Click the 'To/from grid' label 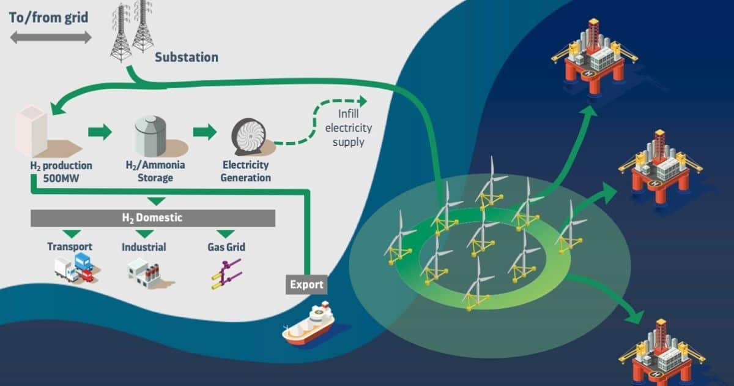click(48, 17)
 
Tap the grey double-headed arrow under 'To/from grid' click(51, 37)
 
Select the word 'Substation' click(187, 57)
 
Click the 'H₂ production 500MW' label click(61, 172)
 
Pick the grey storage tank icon click(150, 136)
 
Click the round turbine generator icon click(249, 136)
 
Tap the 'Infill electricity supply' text click(348, 127)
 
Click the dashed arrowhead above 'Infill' click(363, 101)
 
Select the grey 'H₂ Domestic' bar click(153, 218)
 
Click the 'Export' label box click(306, 284)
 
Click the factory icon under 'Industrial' click(144, 273)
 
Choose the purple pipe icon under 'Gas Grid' click(227, 274)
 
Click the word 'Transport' click(70, 246)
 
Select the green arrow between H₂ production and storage click(100, 132)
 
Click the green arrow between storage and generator click(205, 132)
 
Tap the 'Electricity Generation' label click(245, 171)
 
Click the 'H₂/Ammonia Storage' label click(155, 171)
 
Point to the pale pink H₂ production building click(31, 131)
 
